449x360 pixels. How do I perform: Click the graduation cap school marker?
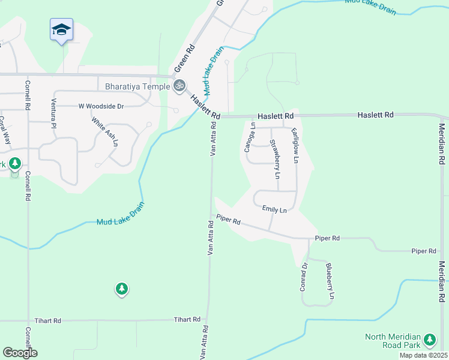[x=61, y=29]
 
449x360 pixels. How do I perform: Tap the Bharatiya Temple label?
[x=137, y=86]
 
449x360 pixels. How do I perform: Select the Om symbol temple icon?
[x=178, y=86]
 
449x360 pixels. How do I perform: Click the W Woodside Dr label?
[x=101, y=106]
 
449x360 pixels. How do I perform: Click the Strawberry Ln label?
[x=275, y=159]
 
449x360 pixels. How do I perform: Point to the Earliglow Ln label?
[x=295, y=146]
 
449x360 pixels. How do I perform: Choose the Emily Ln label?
[x=274, y=209]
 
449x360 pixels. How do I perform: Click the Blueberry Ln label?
[x=329, y=281]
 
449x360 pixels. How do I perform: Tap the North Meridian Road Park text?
[x=393, y=341]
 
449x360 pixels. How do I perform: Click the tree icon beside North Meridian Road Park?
[x=429, y=340]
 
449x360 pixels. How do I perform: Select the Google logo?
[x=20, y=352]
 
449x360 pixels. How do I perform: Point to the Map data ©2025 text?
[x=423, y=355]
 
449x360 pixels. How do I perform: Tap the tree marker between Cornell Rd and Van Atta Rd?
[x=122, y=289]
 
